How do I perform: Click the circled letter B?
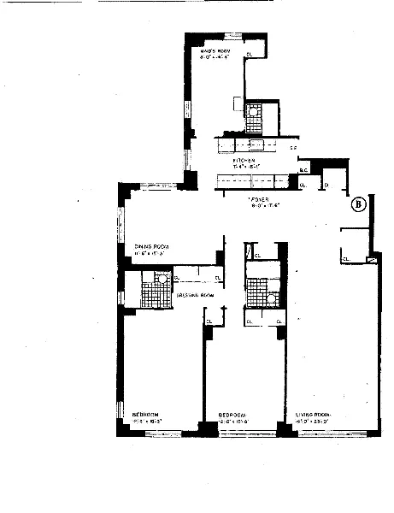click(x=359, y=204)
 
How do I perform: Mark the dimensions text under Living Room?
click(x=318, y=421)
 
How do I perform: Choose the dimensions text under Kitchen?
click(x=248, y=166)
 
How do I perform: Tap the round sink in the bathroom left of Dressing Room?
click(x=159, y=277)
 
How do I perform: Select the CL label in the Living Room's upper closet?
click(x=346, y=259)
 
